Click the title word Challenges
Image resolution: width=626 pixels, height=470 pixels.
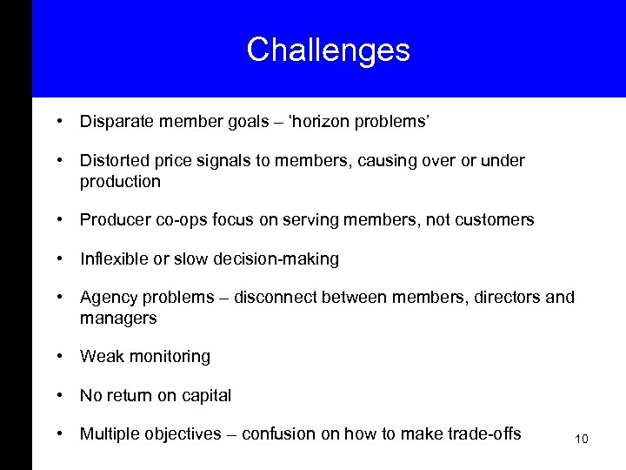pyautogui.click(x=328, y=50)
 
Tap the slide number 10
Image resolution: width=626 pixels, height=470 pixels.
pyautogui.click(x=582, y=439)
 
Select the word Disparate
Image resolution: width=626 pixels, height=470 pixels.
pyautogui.click(x=115, y=123)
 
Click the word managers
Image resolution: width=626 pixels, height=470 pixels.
pyautogui.click(x=118, y=319)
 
